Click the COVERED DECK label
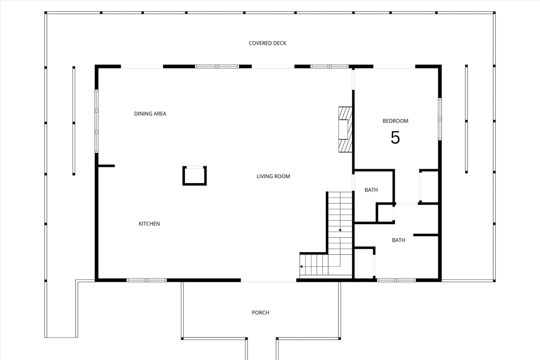click(267, 43)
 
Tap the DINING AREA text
click(150, 114)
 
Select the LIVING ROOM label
click(273, 176)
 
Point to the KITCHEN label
click(149, 224)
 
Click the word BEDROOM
click(395, 121)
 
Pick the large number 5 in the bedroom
click(395, 138)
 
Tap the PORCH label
click(261, 313)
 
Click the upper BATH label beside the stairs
click(371, 190)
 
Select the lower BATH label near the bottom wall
click(398, 240)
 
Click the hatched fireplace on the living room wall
click(345, 130)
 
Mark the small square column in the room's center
click(194, 175)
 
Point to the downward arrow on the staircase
click(340, 229)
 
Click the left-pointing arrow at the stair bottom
click(301, 267)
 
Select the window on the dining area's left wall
click(96, 121)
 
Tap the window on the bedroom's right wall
click(440, 119)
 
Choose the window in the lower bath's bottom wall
click(396, 280)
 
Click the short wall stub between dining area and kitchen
click(106, 166)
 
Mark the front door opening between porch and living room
click(268, 281)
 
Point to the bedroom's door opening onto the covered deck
click(394, 67)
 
